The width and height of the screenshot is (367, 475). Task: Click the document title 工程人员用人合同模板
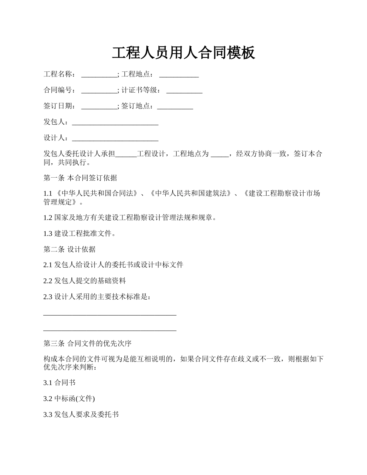click(x=183, y=53)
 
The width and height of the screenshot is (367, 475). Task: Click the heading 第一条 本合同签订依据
click(x=80, y=178)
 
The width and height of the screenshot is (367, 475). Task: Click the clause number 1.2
click(x=48, y=218)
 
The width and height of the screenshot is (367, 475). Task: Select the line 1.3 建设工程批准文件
click(x=80, y=234)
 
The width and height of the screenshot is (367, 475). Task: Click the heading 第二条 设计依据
click(x=70, y=249)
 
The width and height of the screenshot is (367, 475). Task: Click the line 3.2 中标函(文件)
click(x=69, y=399)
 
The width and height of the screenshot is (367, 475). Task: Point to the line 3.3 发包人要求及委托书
click(x=81, y=415)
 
